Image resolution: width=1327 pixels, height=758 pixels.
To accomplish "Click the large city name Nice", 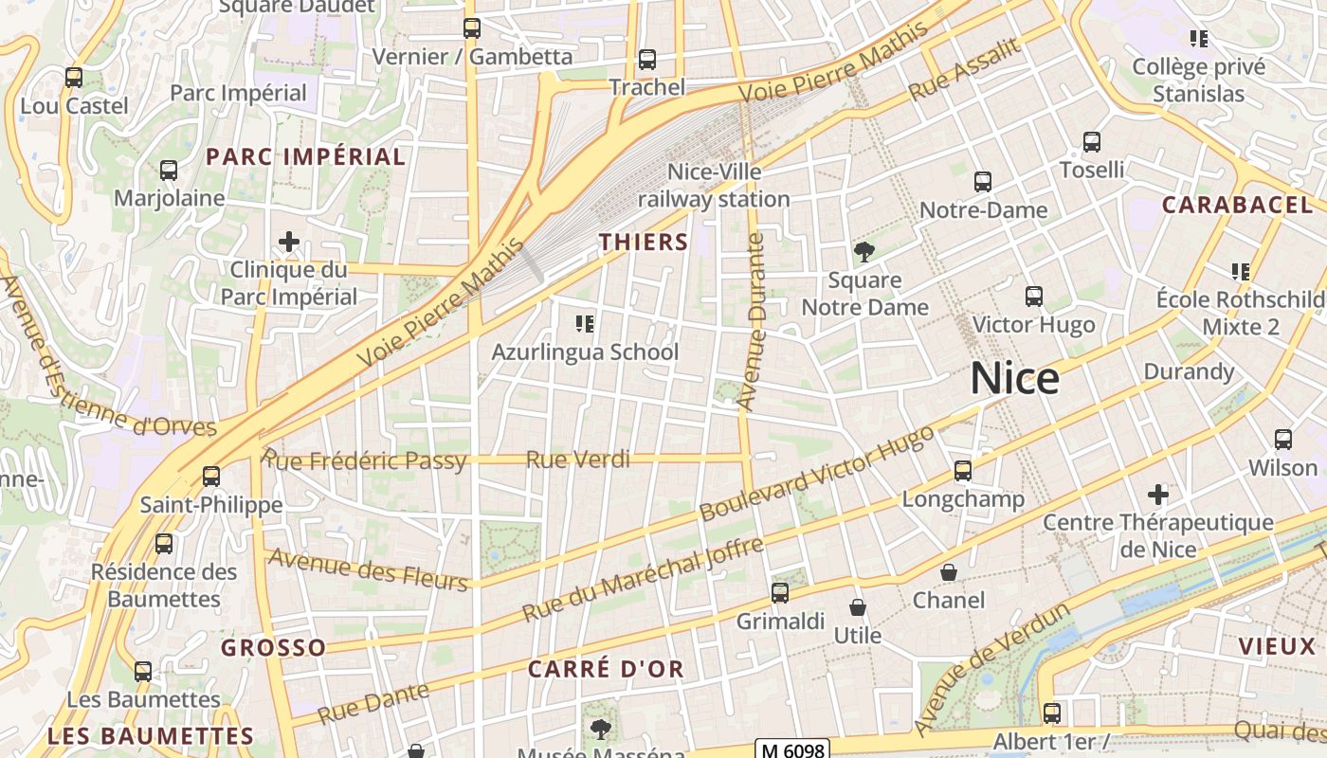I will pos(1014,379).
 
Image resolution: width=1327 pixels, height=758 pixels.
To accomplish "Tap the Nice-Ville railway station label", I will pos(714,186).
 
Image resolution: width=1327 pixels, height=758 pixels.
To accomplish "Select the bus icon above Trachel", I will pos(647,60).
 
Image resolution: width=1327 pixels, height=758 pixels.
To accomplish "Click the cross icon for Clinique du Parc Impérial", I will pos(289,242).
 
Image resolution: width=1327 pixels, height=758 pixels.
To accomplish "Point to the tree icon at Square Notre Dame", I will pos(863,252).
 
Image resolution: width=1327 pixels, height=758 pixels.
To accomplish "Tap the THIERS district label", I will pos(644,243).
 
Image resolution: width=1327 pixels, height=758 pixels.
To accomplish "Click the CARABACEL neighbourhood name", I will pos(1237,205).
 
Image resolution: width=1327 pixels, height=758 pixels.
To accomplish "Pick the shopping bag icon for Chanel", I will pos(948,573).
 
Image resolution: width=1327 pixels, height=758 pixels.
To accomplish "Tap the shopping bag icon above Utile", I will pos(858,607).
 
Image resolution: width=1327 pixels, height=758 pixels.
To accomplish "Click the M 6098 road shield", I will pos(792,749).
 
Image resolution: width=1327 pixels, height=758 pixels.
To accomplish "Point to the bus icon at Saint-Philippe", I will pos(211,477).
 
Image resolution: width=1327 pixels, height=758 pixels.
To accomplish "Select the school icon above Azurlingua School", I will pos(585,325).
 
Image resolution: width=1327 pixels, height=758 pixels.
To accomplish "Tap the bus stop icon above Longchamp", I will pos(963,471).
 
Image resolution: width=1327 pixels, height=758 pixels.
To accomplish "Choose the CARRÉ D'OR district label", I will pos(606,669).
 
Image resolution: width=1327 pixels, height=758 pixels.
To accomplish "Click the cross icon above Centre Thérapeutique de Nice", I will pos(1157,495).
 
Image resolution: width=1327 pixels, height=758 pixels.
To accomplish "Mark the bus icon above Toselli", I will pos(1092,142).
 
